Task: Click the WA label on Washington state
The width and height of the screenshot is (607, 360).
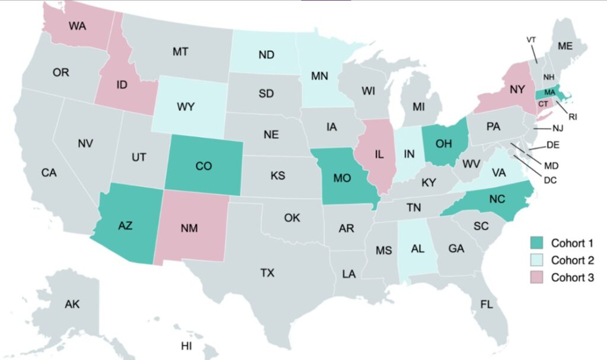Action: [77, 26]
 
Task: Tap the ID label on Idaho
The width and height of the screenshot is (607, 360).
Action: [122, 85]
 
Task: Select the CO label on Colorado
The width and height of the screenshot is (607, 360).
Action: [203, 167]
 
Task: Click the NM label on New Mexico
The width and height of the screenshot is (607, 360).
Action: [189, 227]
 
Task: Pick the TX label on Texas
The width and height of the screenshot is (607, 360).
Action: [267, 273]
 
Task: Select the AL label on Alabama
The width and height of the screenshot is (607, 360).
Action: [418, 249]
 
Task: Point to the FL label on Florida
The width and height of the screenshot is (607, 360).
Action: [486, 305]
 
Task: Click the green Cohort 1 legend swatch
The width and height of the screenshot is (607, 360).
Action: [536, 243]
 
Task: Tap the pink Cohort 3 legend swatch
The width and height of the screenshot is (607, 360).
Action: [536, 278]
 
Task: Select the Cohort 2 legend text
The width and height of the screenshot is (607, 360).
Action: [572, 260]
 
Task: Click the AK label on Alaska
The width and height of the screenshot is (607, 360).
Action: [72, 304]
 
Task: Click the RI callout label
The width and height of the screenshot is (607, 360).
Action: [572, 117]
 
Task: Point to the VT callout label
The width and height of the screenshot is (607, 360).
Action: [531, 40]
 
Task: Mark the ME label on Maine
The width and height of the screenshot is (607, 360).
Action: [566, 46]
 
